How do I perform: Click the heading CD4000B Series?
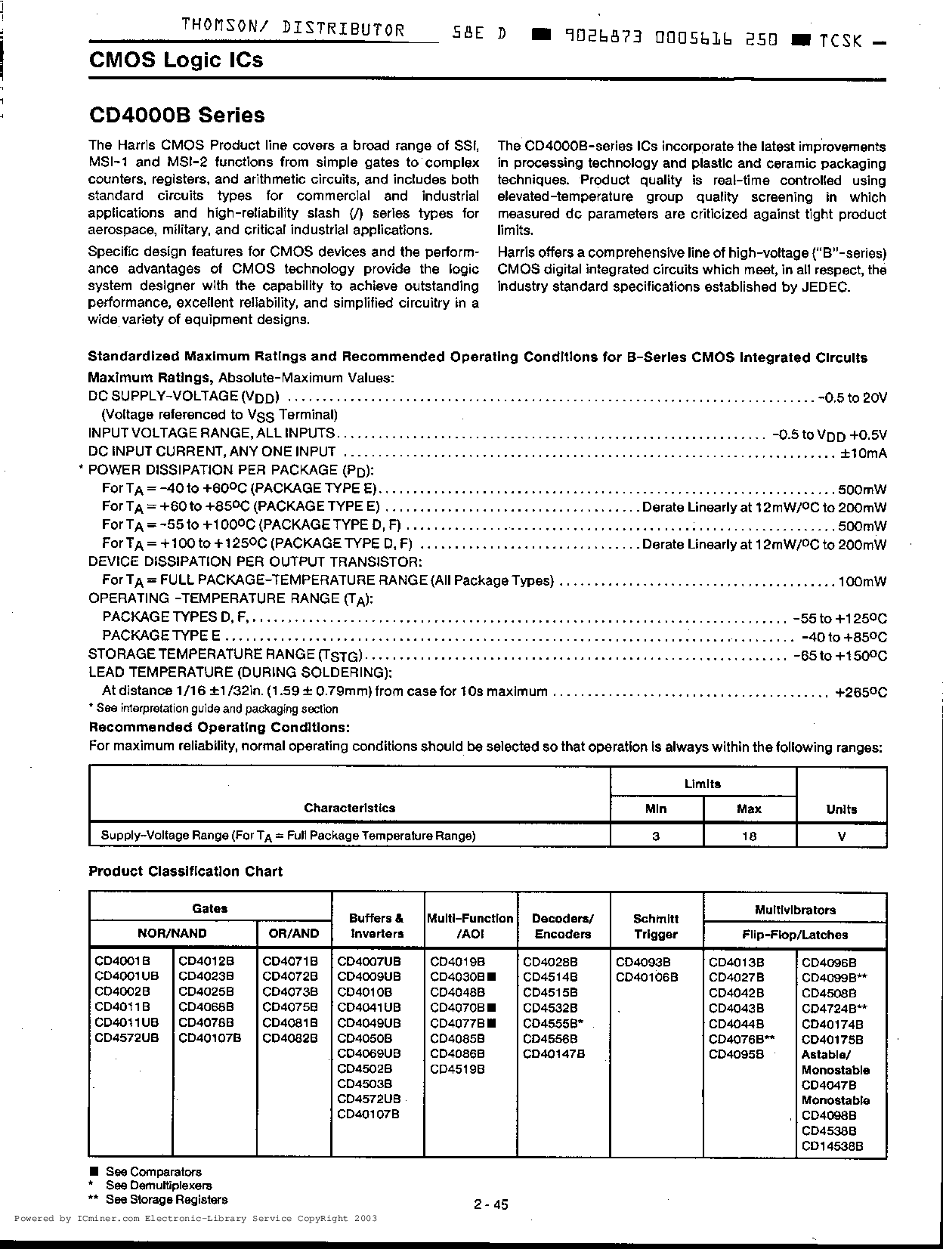177,116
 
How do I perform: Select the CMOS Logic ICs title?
176,60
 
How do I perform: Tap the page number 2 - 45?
491,1204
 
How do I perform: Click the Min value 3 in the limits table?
656,836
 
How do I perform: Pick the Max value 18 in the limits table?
749,836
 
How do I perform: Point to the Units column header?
841,808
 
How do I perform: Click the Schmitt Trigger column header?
655,926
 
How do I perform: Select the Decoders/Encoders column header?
562,926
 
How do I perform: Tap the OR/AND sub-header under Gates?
294,933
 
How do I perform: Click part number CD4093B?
643,962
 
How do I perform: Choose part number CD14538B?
832,1146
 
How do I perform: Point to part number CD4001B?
122,962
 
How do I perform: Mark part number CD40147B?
554,1054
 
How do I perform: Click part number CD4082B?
290,1038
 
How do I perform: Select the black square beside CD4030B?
490,977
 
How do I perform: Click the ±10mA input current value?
864,453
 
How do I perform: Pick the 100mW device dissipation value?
862,582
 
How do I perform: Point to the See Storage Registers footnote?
166,1199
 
